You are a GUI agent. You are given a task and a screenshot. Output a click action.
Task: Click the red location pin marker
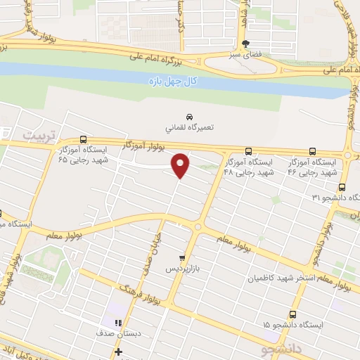(x=181, y=165)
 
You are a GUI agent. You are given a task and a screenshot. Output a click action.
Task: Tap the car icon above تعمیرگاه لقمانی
(x=189, y=116)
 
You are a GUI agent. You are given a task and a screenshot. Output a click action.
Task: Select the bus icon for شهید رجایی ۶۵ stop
(x=84, y=139)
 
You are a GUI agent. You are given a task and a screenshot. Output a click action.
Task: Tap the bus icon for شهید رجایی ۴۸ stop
(x=248, y=151)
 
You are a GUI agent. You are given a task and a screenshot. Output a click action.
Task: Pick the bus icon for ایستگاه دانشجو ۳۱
(x=342, y=187)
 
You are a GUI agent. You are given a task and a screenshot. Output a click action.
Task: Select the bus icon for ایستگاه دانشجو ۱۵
(x=292, y=314)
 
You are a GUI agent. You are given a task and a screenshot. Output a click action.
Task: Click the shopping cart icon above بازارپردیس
(x=183, y=258)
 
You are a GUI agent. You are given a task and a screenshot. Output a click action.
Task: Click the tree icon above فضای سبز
(x=246, y=42)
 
